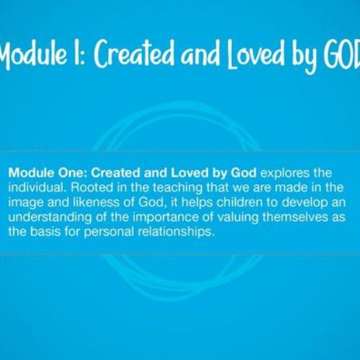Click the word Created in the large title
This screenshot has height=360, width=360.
pos(135,53)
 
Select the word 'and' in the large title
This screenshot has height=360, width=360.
pos(200,54)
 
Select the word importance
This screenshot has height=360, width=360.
pos(166,217)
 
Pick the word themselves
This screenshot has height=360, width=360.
pos(295,217)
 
